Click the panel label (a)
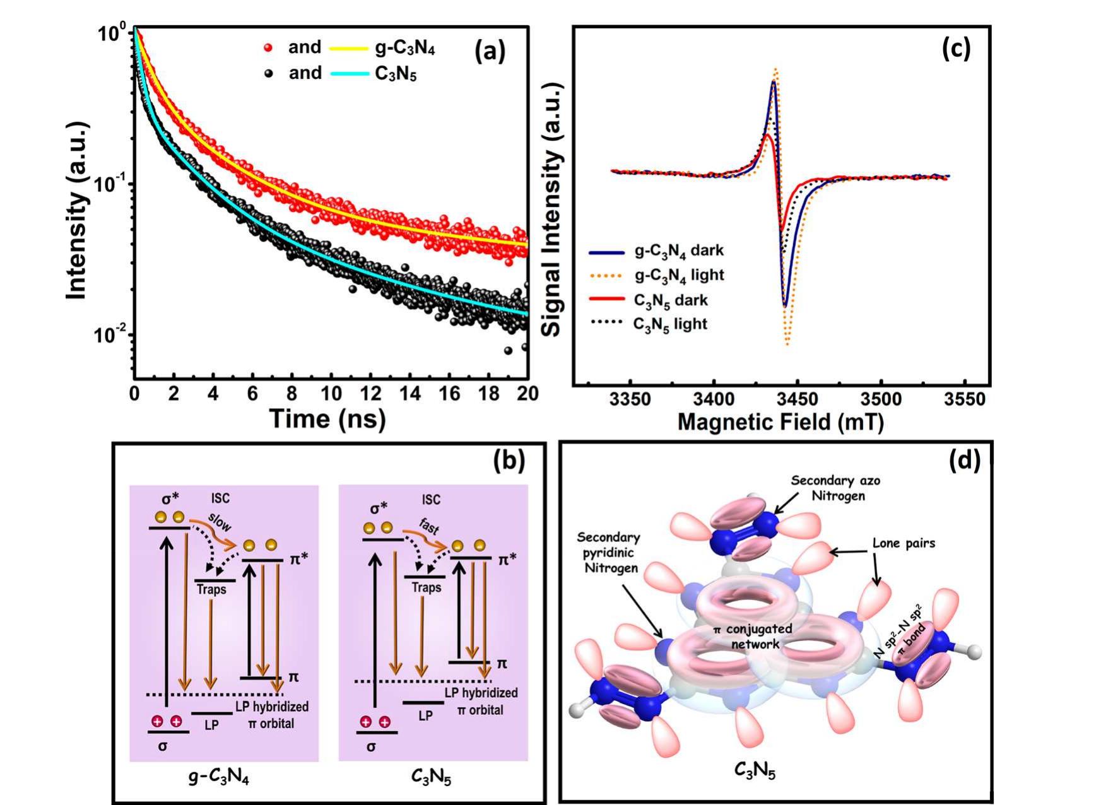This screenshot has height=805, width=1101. pyautogui.click(x=490, y=52)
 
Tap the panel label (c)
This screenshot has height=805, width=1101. pyautogui.click(x=955, y=49)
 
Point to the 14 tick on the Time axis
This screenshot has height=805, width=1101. pyautogui.click(x=409, y=394)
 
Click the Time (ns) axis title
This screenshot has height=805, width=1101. pyautogui.click(x=327, y=419)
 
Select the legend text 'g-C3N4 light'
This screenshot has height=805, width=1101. pyautogui.click(x=679, y=276)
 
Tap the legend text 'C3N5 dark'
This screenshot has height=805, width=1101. pyautogui.click(x=671, y=300)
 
